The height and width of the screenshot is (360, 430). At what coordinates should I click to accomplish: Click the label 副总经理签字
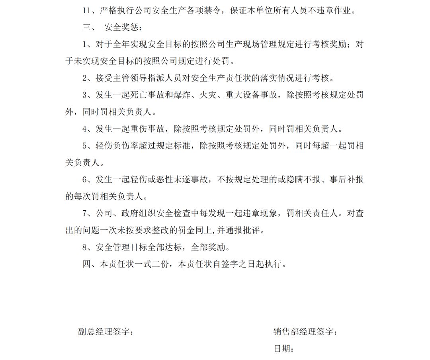(x=106, y=332)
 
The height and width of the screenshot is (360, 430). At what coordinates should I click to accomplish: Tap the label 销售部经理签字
(x=305, y=332)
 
